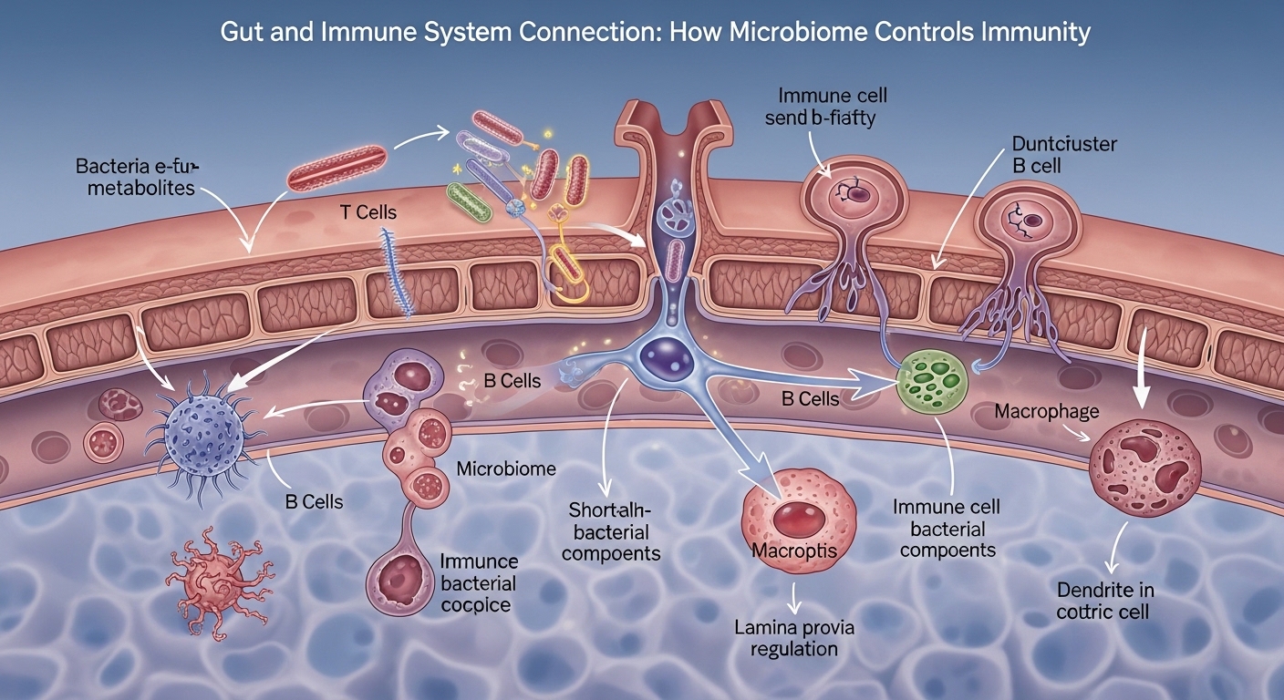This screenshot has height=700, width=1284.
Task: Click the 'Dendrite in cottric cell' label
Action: [x=1103, y=600]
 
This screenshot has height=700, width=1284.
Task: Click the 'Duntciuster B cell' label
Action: [x=1064, y=154]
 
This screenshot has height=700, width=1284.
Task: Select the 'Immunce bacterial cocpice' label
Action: [x=478, y=583]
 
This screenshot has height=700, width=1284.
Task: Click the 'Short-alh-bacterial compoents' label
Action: [x=610, y=531]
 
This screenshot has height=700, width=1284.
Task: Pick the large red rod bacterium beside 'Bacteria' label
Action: [x=337, y=166]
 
